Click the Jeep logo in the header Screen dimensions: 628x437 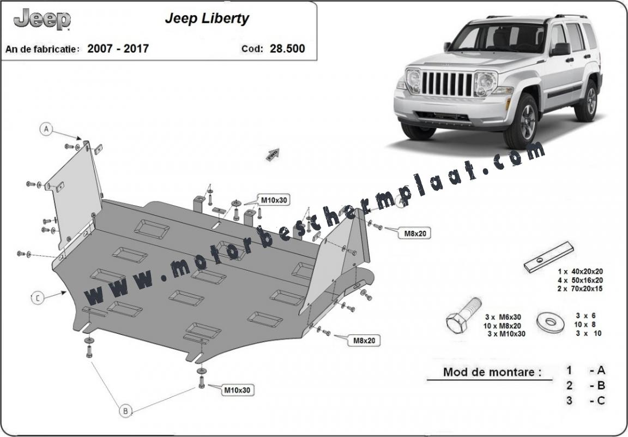pyautogui.click(x=42, y=19)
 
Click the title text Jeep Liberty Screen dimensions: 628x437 pyautogui.click(x=207, y=19)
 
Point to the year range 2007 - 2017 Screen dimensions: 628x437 pyautogui.click(x=118, y=49)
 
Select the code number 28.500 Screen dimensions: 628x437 pyautogui.click(x=287, y=49)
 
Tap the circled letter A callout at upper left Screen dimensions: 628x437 pyautogui.click(x=46, y=129)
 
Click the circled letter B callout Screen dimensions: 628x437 pyautogui.click(x=125, y=411)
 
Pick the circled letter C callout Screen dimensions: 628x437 pyautogui.click(x=37, y=298)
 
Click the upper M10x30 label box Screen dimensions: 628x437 pyautogui.click(x=274, y=200)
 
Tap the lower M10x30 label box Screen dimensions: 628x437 pyautogui.click(x=237, y=390)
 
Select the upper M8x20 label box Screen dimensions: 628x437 pyautogui.click(x=414, y=233)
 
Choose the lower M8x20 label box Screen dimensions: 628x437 pyautogui.click(x=364, y=341)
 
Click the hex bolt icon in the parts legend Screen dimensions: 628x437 pyautogui.click(x=463, y=315)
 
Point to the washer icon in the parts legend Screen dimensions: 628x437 pyautogui.click(x=550, y=321)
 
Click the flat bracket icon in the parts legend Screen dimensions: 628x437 pyautogui.click(x=548, y=257)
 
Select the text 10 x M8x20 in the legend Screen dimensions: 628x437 pyautogui.click(x=502, y=326)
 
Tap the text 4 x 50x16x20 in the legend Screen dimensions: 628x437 pyautogui.click(x=580, y=280)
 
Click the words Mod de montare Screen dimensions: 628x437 pyautogui.click(x=492, y=372)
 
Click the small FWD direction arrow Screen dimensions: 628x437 pyautogui.click(x=273, y=154)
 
